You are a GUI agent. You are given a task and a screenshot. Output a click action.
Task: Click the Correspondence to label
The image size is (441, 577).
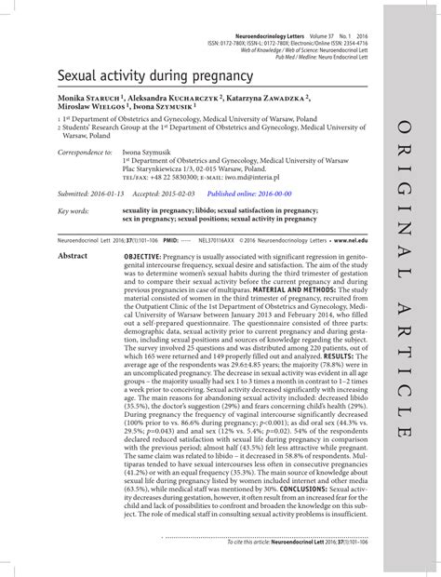click(x=87, y=152)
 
